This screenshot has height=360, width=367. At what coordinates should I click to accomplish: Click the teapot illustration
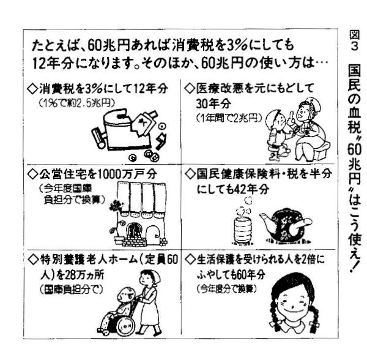point(285,225)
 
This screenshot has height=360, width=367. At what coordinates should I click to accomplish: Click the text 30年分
point(213,103)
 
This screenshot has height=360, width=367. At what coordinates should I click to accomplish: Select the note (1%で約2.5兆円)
point(77,103)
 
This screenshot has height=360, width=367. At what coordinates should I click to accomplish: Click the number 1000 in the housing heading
point(110,174)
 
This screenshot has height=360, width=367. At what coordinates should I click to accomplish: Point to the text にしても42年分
point(232,189)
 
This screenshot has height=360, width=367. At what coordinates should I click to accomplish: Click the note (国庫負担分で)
point(72,290)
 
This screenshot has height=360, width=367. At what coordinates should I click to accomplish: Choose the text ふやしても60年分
point(231,274)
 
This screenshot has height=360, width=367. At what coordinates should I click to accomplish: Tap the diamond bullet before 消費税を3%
point(32,89)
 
